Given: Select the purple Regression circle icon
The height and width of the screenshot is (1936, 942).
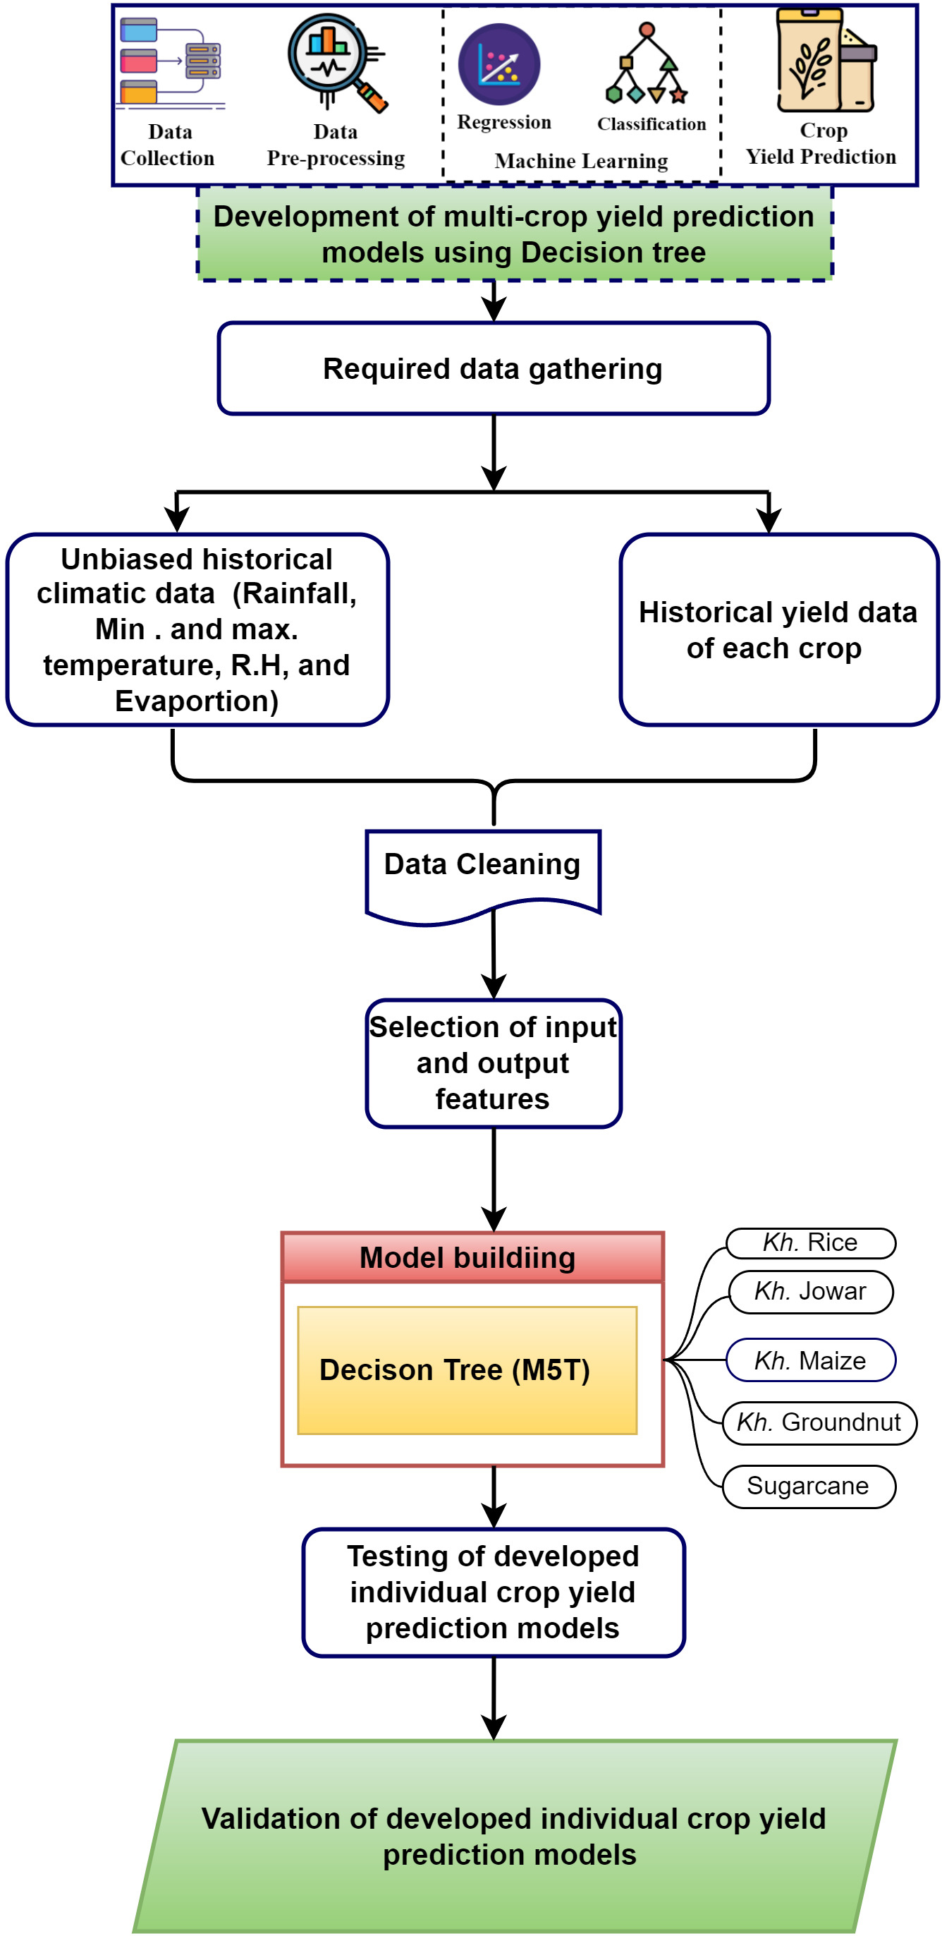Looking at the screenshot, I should pyautogui.click(x=499, y=64).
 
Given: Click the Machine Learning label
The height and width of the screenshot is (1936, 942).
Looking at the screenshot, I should pyautogui.click(x=581, y=162).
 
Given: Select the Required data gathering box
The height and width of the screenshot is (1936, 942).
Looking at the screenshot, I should pyautogui.click(x=493, y=369).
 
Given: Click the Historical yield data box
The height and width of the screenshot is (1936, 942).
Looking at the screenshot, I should pyautogui.click(x=778, y=630).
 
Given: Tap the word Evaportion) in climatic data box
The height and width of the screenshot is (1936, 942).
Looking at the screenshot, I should pyautogui.click(x=197, y=701).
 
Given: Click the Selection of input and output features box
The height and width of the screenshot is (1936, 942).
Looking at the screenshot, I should pyautogui.click(x=493, y=1063).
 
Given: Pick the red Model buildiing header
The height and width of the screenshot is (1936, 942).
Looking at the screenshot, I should pyautogui.click(x=472, y=1258).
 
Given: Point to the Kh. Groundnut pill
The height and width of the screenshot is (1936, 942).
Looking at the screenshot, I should pyautogui.click(x=819, y=1422).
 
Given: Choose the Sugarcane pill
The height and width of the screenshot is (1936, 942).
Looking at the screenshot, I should pyautogui.click(x=808, y=1487).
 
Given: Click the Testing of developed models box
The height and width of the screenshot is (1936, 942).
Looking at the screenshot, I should pyautogui.click(x=493, y=1592).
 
